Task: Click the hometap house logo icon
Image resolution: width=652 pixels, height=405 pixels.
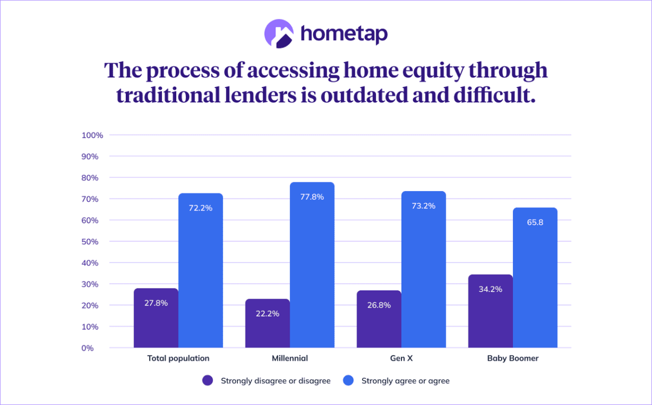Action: click(x=279, y=34)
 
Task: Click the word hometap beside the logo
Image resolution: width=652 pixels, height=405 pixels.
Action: click(x=344, y=34)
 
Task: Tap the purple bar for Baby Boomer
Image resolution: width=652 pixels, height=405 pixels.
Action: click(x=490, y=311)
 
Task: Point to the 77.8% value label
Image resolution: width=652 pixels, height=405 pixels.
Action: click(x=312, y=197)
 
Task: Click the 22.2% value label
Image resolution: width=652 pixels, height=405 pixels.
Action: click(x=267, y=313)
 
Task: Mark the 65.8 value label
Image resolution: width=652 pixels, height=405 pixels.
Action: click(x=535, y=222)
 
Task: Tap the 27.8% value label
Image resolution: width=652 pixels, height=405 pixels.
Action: click(x=156, y=303)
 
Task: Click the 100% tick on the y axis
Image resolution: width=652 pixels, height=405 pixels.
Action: click(x=92, y=136)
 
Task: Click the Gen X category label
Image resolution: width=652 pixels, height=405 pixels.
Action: click(x=401, y=359)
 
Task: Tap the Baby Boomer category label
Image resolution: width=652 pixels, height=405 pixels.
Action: click(x=512, y=359)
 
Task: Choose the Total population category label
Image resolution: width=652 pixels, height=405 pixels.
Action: click(x=178, y=359)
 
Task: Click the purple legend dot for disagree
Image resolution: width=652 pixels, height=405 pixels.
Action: click(x=208, y=380)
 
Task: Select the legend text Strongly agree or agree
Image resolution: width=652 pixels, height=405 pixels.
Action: click(x=405, y=381)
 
